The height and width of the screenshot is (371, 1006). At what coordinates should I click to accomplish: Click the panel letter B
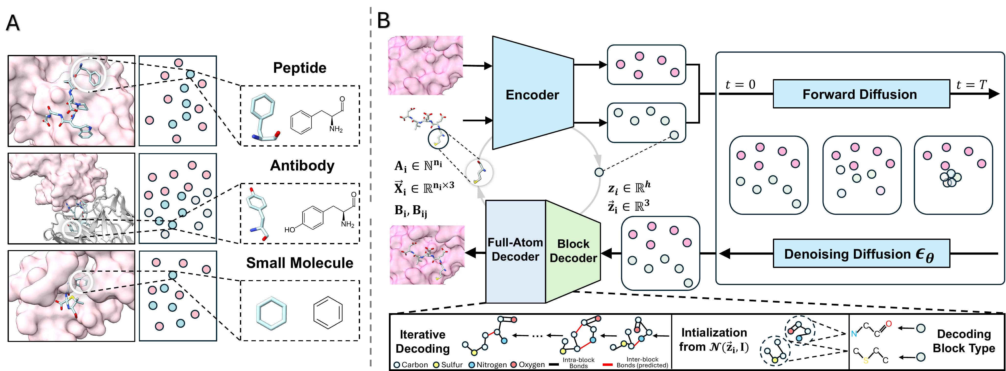tap(384, 20)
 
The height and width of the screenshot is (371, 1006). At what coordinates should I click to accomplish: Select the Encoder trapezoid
tap(533, 93)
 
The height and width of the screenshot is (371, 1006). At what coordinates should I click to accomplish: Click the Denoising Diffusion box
tap(861, 254)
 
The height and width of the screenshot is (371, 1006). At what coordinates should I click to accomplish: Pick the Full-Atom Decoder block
tap(516, 252)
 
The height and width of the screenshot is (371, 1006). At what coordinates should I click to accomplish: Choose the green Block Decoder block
tap(573, 252)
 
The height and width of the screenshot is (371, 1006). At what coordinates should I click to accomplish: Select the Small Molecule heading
tap(300, 263)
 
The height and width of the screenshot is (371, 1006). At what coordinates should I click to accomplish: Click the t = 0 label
tap(740, 85)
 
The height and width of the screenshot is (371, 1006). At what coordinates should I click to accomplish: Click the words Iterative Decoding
tap(423, 341)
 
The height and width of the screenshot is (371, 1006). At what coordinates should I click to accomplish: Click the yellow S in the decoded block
tap(866, 361)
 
